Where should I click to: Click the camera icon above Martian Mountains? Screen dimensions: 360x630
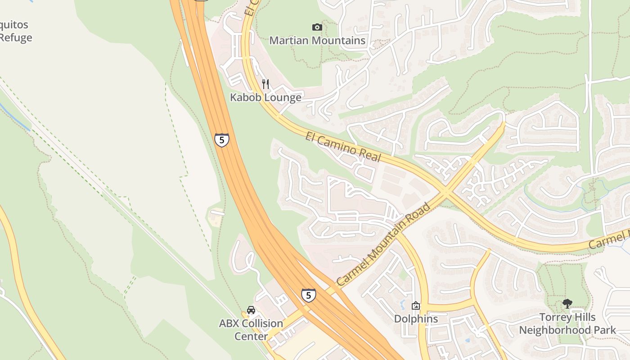pyautogui.click(x=317, y=27)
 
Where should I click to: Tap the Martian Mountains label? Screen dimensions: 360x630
pyautogui.click(x=317, y=40)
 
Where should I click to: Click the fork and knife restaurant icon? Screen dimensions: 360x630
pyautogui.click(x=265, y=84)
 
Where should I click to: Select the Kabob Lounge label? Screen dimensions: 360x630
pyautogui.click(x=265, y=97)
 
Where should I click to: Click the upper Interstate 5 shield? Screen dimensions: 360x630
pyautogui.click(x=221, y=140)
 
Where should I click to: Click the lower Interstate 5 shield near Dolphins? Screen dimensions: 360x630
pyautogui.click(x=308, y=295)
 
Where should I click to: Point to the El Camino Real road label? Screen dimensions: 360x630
pyautogui.click(x=343, y=147)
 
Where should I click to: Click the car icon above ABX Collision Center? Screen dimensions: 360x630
pyautogui.click(x=251, y=310)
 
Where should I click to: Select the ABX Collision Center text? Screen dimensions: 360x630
pyautogui.click(x=251, y=329)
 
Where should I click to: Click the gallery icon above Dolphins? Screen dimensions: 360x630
pyautogui.click(x=416, y=306)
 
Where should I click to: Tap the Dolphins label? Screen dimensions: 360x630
pyautogui.click(x=416, y=319)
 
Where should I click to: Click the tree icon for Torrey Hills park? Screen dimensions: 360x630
pyautogui.click(x=567, y=304)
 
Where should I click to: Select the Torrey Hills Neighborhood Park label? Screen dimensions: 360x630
pyautogui.click(x=567, y=324)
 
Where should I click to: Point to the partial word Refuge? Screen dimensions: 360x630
pyautogui.click(x=16, y=37)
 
